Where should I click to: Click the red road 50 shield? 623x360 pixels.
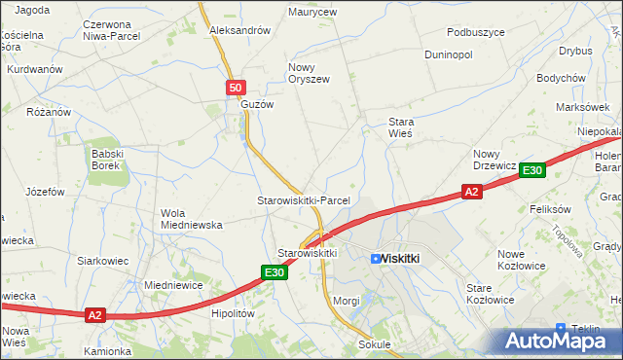point(235,89)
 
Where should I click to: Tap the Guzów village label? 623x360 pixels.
point(258,104)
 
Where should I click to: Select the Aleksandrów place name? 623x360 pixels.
point(239,30)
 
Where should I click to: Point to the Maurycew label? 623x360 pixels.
point(312,13)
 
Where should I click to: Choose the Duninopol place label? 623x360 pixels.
point(449,54)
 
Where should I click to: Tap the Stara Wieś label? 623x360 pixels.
point(401,127)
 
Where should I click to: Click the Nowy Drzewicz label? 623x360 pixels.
point(494,160)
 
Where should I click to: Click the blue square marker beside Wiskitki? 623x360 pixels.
point(376,259)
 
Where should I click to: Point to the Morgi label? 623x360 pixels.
point(347,301)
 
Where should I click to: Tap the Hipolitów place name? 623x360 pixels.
point(233,314)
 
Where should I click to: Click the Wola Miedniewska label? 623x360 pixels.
point(192,219)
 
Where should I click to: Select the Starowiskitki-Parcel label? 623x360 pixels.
point(303,199)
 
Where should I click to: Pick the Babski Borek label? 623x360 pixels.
point(105,160)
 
